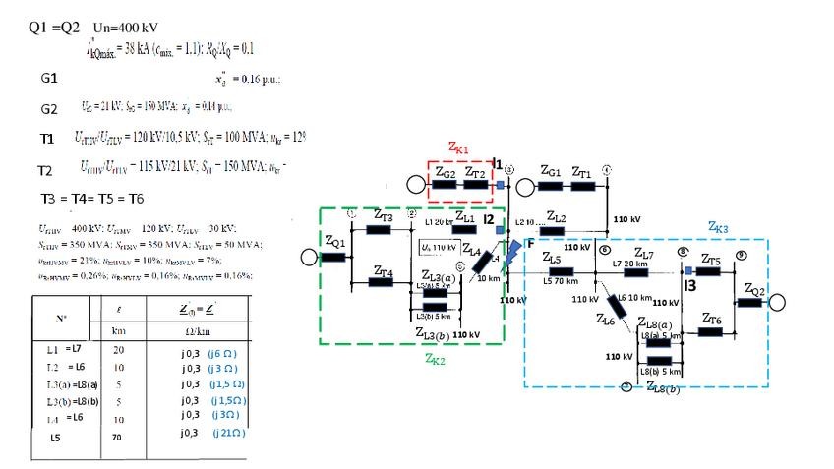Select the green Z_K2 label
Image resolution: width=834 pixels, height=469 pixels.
(x=434, y=359)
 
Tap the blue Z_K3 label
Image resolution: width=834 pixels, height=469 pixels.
(x=719, y=226)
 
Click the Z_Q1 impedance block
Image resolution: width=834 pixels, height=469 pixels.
(x=333, y=257)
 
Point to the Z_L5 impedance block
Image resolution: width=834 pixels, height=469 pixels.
(x=562, y=271)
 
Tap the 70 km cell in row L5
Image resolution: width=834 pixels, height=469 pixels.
(x=115, y=436)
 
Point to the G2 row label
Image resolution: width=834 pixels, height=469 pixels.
(x=49, y=107)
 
